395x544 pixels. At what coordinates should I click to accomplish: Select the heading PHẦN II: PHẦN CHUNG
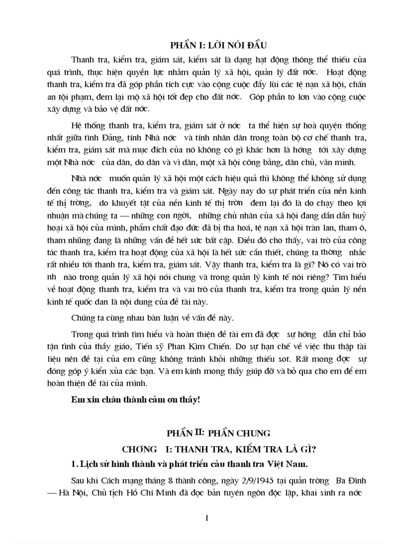click(218, 432)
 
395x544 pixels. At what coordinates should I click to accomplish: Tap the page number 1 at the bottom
click(207, 518)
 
